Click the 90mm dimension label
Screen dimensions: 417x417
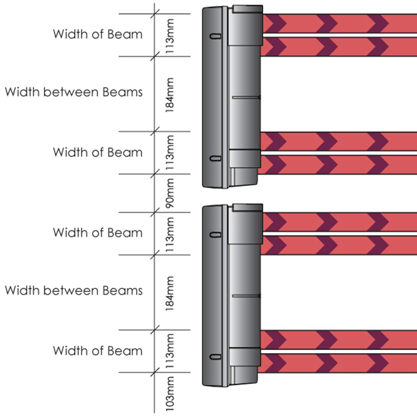pyautogui.click(x=170, y=193)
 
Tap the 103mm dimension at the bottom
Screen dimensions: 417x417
pyautogui.click(x=170, y=394)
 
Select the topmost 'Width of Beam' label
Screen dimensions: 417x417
pyautogui.click(x=98, y=34)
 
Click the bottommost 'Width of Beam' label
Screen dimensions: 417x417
pyautogui.click(x=98, y=351)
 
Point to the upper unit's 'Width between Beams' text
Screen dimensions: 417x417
pyautogui.click(x=74, y=92)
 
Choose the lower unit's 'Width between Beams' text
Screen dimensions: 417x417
pyautogui.click(x=74, y=290)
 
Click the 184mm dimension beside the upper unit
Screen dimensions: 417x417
pyautogui.click(x=170, y=95)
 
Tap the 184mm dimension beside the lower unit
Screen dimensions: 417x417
pyautogui.click(x=170, y=293)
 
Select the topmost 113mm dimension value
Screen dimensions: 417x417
pyautogui.click(x=170, y=36)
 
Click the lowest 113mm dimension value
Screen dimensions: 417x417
pyautogui.click(x=170, y=352)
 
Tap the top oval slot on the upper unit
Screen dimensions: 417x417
pyautogui.click(x=215, y=36)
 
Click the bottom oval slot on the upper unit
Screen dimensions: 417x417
pyautogui.click(x=215, y=159)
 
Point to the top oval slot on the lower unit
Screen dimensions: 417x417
pyautogui.click(x=215, y=235)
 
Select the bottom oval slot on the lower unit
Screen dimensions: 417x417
pyautogui.click(x=215, y=357)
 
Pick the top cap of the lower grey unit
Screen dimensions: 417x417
pyautogui.click(x=247, y=208)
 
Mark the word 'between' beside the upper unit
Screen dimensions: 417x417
pyautogui.click(x=71, y=92)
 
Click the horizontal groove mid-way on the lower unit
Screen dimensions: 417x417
pyautogui.click(x=246, y=296)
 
